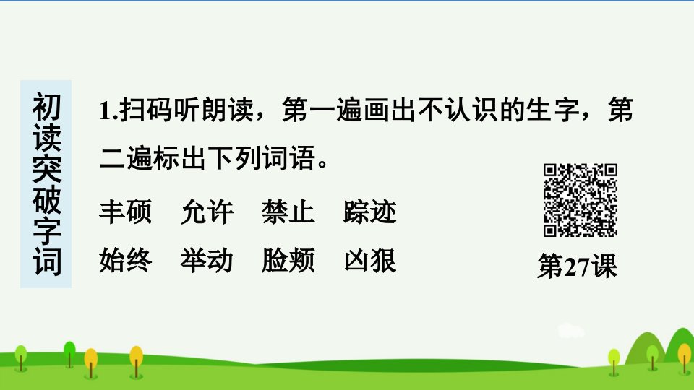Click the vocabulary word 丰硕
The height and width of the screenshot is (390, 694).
click(x=126, y=212)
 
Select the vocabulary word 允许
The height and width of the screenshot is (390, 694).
click(x=207, y=212)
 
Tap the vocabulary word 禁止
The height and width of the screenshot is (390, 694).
click(x=288, y=212)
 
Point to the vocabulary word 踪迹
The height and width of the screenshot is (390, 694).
click(x=369, y=212)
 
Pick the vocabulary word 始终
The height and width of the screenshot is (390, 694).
click(x=126, y=260)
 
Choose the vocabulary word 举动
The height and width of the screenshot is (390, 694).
click(x=207, y=260)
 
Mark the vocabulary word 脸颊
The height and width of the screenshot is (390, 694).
click(x=288, y=260)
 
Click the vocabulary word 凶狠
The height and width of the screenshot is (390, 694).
click(x=369, y=260)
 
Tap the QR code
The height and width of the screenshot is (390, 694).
click(x=581, y=200)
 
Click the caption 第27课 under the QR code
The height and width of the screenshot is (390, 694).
click(x=577, y=266)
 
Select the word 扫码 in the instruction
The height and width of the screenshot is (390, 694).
click(x=147, y=110)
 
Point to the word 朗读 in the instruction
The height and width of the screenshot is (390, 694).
click(x=228, y=110)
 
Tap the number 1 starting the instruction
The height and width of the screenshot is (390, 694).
click(x=105, y=110)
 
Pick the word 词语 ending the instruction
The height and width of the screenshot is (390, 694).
click(x=288, y=158)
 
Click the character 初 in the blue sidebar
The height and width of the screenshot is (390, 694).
click(x=46, y=107)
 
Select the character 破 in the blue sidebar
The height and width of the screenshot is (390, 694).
click(x=46, y=200)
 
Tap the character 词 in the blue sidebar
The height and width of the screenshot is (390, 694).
click(x=46, y=262)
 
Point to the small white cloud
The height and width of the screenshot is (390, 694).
click(x=571, y=331)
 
